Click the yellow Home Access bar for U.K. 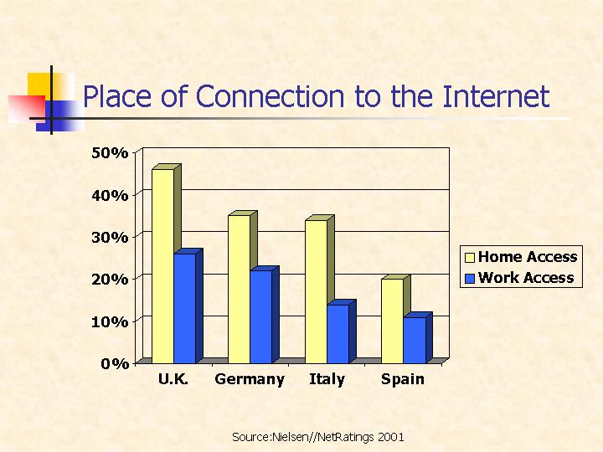162,266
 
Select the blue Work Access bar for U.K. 185,308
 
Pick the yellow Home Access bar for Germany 240,289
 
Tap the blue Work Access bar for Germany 261,316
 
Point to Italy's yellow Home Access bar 316,292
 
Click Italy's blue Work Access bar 338,334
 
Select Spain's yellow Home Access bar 392,321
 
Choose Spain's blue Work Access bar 415,340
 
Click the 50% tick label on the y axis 110,153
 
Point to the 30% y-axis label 110,237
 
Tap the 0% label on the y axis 115,363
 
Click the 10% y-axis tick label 110,321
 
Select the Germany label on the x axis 250,379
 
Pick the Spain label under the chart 403,379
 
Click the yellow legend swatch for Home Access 470,257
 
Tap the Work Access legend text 526,278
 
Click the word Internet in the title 496,96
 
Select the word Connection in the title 270,96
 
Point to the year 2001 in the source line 391,437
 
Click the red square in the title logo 27,109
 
